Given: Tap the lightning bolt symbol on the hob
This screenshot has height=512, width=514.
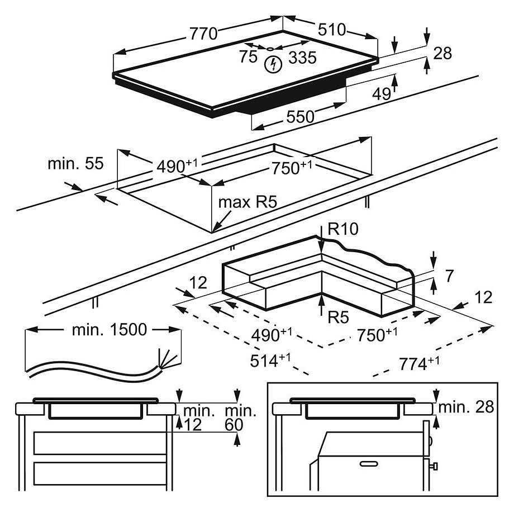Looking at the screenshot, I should pyautogui.click(x=273, y=65).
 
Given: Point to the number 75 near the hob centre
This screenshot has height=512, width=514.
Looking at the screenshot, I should pyautogui.click(x=248, y=56).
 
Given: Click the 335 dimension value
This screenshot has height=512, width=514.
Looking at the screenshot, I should pyautogui.click(x=302, y=56).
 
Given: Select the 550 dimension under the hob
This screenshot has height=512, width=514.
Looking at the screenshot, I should pyautogui.click(x=301, y=116).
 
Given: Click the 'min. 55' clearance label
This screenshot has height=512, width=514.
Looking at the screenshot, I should pyautogui.click(x=75, y=164).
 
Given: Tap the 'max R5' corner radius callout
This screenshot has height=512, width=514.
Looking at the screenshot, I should pyautogui.click(x=248, y=202).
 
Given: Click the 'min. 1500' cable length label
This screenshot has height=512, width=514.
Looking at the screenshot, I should pyautogui.click(x=110, y=330).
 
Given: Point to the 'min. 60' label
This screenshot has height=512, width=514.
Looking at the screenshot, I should pyautogui.click(x=241, y=418).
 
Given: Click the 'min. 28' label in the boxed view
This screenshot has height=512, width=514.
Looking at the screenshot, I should pyautogui.click(x=467, y=407).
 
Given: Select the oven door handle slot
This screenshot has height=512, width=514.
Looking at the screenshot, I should pyautogui.click(x=370, y=463).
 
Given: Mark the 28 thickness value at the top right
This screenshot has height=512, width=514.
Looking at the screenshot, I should pyautogui.click(x=442, y=53).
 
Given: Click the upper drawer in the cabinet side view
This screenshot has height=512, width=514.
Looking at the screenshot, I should pyautogui.click(x=100, y=443).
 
